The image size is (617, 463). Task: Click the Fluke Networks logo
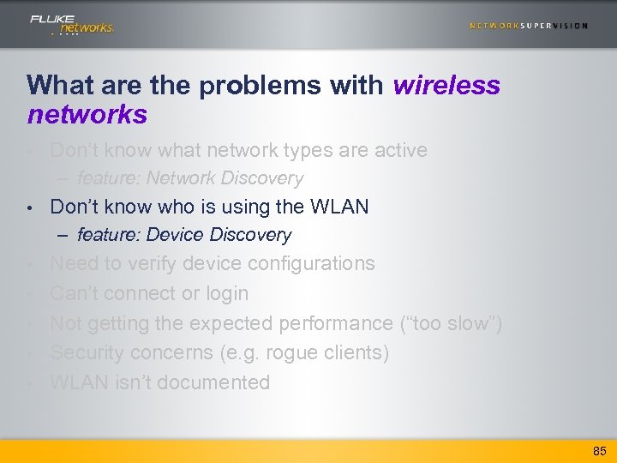point(71,24)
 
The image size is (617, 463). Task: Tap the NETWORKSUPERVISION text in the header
point(528,26)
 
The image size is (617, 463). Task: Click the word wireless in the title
point(446,85)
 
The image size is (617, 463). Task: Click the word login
point(227,293)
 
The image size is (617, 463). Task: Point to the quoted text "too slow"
point(451,323)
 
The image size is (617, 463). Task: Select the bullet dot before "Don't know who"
point(30,207)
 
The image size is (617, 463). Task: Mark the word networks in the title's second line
point(87,114)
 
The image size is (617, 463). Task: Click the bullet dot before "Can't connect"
point(30,294)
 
